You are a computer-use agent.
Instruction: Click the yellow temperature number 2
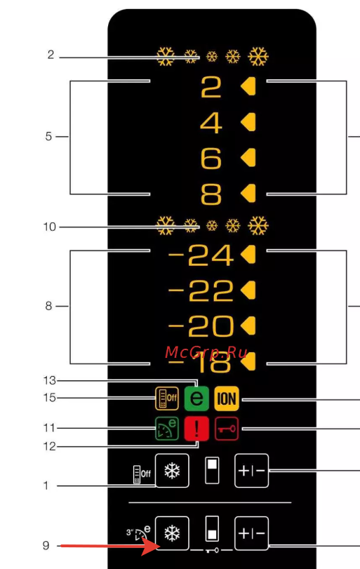click(211, 87)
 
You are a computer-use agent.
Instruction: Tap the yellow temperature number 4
click(211, 123)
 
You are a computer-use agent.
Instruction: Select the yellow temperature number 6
click(211, 159)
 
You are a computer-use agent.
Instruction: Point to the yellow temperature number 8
click(211, 194)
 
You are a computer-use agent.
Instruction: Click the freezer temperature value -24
click(201, 255)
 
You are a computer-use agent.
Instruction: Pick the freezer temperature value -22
click(201, 290)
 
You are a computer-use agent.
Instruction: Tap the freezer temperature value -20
click(201, 326)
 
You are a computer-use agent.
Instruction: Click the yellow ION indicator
click(227, 399)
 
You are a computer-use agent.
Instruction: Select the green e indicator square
click(196, 399)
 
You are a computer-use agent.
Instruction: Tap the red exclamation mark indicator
click(196, 429)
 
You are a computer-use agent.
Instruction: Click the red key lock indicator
click(227, 429)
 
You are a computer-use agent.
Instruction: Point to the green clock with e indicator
click(167, 429)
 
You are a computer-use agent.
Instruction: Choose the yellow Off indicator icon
click(167, 399)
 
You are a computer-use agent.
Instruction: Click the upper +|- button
click(251, 471)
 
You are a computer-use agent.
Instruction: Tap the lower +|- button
click(251, 533)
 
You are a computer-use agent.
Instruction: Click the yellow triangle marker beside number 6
click(248, 159)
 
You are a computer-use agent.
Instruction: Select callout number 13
click(50, 380)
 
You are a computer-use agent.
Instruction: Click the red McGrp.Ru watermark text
click(206, 353)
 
